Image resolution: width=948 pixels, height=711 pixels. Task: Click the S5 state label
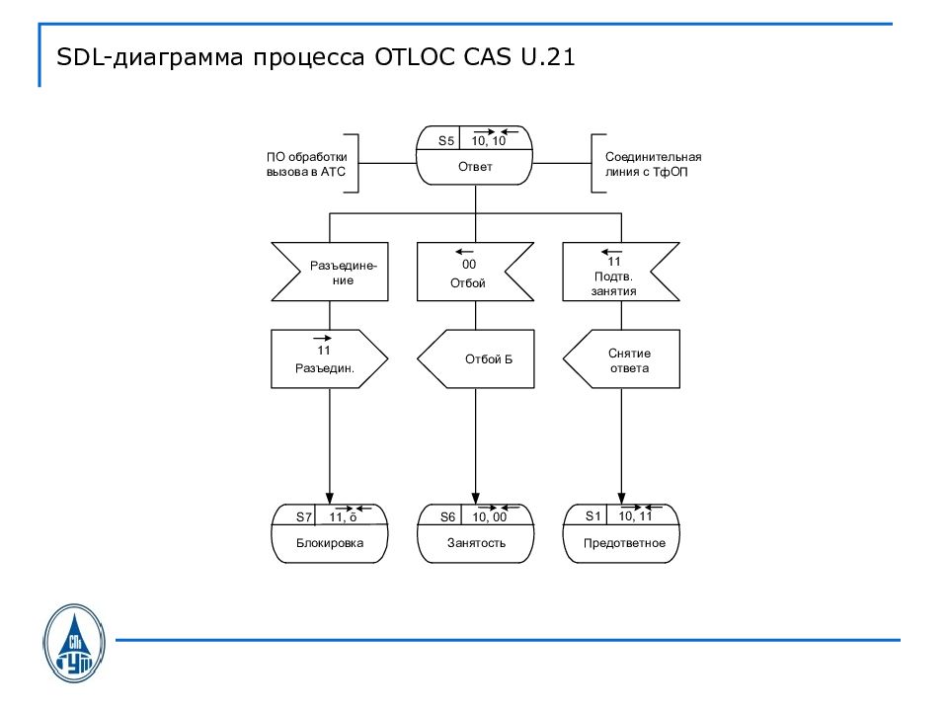click(x=446, y=141)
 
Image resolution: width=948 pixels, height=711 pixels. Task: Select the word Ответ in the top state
click(x=475, y=167)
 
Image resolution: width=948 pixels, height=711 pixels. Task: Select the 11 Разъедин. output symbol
click(x=325, y=358)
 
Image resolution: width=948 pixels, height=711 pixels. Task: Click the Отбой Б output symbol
click(x=478, y=358)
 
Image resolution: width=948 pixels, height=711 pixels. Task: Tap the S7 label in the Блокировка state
click(x=304, y=516)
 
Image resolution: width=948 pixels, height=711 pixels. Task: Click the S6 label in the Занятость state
click(x=448, y=516)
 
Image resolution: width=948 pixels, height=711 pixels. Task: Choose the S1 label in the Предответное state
click(x=592, y=515)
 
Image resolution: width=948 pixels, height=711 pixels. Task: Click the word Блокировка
click(x=330, y=543)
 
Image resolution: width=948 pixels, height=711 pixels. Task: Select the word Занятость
click(x=475, y=543)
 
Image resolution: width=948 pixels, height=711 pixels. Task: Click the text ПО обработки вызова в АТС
click(x=306, y=164)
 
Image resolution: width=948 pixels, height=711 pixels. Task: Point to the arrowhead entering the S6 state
click(x=476, y=499)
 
